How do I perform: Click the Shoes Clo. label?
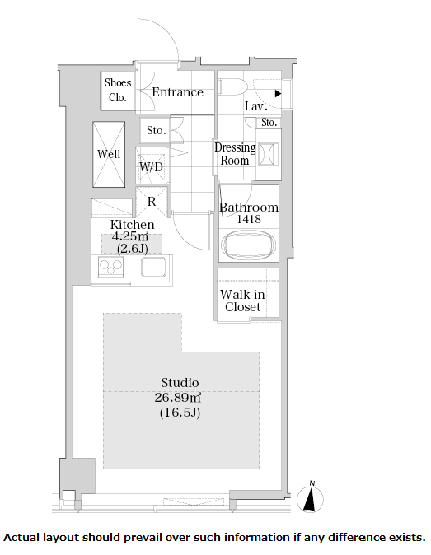click(x=118, y=90)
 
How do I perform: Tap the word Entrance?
click(x=178, y=92)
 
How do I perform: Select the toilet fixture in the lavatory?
click(x=232, y=87)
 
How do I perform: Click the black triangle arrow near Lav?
click(x=279, y=93)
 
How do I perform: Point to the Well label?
click(x=109, y=154)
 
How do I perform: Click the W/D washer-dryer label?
click(x=152, y=166)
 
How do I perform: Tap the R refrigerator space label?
click(x=152, y=202)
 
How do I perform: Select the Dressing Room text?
click(x=235, y=154)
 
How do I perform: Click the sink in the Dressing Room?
click(x=269, y=154)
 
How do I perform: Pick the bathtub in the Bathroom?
click(x=249, y=245)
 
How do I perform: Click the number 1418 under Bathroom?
click(x=249, y=219)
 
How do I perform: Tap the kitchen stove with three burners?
click(x=111, y=267)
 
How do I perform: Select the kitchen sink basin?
click(x=154, y=267)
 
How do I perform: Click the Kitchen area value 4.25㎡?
click(x=130, y=236)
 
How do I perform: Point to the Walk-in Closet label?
click(x=242, y=301)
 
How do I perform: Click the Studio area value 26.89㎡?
click(x=178, y=398)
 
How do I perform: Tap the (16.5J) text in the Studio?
click(x=180, y=413)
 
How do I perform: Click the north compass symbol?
click(x=310, y=497)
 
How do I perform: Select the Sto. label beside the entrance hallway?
click(x=157, y=130)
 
